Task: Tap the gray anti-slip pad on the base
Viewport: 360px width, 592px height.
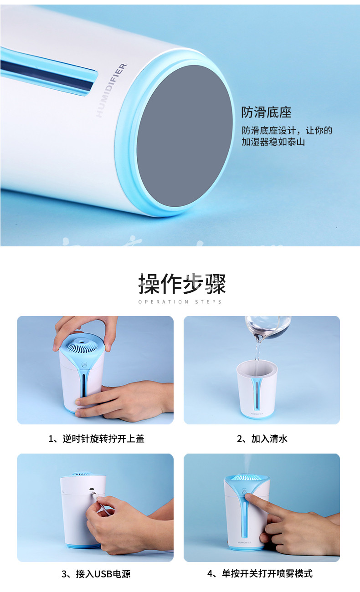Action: (185, 136)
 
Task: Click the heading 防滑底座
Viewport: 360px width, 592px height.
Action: (266, 112)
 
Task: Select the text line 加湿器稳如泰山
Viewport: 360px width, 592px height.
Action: (273, 142)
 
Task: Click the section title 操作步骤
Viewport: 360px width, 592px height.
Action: (182, 284)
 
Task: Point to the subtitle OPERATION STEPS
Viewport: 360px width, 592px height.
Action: (180, 302)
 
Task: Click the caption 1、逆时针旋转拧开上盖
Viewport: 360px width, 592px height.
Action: (96, 439)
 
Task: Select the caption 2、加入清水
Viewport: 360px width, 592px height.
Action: (262, 439)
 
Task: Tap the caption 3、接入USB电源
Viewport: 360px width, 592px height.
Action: (96, 574)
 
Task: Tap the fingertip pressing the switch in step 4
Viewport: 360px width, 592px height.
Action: (249, 496)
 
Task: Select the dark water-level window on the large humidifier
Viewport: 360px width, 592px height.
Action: (47, 75)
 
